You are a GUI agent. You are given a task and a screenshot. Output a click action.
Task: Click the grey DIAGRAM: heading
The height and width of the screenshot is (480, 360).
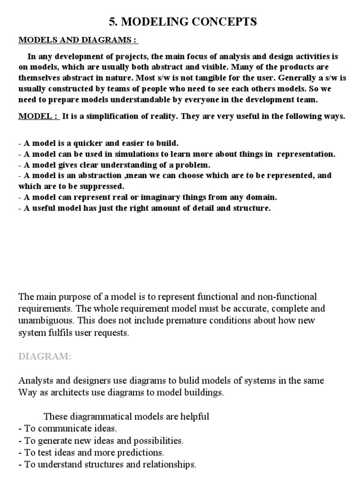tap(45, 357)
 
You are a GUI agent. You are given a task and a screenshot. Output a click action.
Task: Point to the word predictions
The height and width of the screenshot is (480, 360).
tap(142, 452)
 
